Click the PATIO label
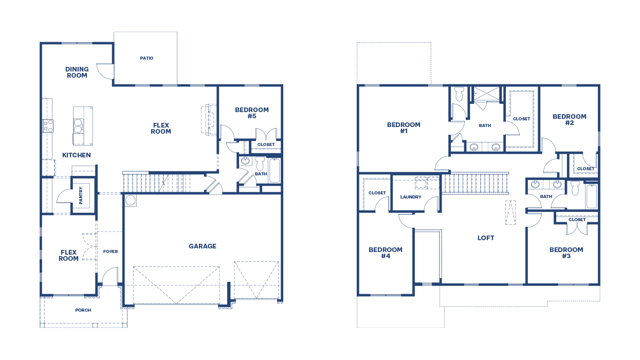(x=147, y=58)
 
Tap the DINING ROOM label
(x=77, y=73)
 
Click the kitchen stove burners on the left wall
(x=48, y=125)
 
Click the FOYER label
(x=110, y=251)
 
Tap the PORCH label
(x=83, y=310)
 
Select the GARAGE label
(x=202, y=246)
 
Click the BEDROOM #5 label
(x=251, y=113)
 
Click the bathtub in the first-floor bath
(x=275, y=170)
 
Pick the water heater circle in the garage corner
(x=130, y=200)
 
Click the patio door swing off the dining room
(x=105, y=71)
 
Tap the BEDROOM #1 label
(x=404, y=128)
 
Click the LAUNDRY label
(x=411, y=197)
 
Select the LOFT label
(x=486, y=238)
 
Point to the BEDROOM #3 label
(x=566, y=253)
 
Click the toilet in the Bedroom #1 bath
(x=460, y=93)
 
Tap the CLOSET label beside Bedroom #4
(x=377, y=193)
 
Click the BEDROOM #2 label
(x=569, y=120)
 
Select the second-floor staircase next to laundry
(x=476, y=184)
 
